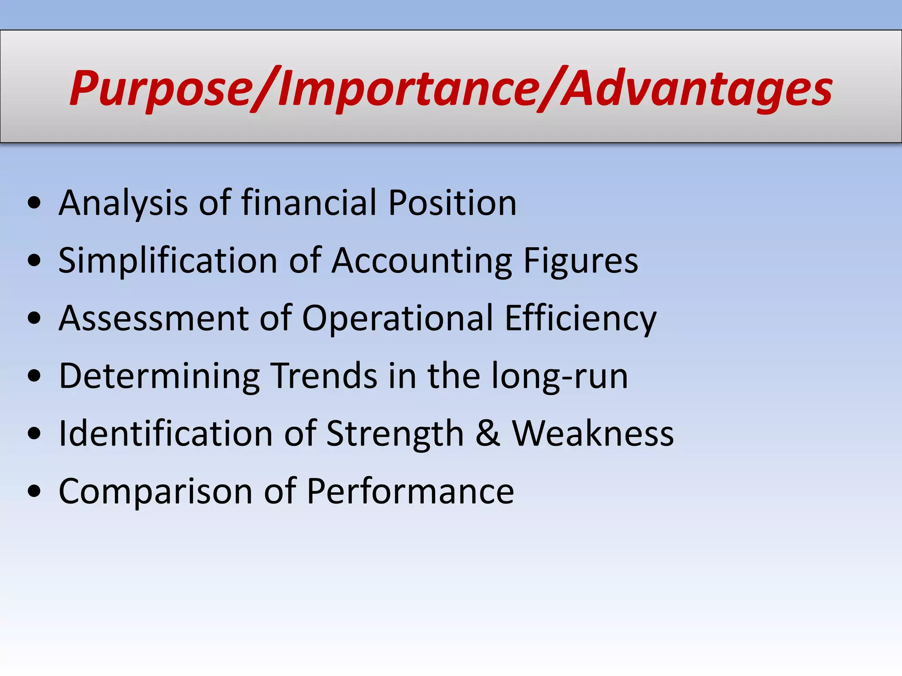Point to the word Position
pos(452,203)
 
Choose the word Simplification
pos(168,261)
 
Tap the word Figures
pos(580,261)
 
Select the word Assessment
pos(154,318)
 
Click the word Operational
pos(397,318)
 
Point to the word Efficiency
pos(580,318)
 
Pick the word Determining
pos(159,376)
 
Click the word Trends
pos(324,376)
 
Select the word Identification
pos(166,434)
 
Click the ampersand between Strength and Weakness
pos(488,434)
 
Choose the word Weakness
pos(593,434)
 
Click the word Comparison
pos(155,491)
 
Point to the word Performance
pos(410,491)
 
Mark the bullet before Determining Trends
pos(34,377)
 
